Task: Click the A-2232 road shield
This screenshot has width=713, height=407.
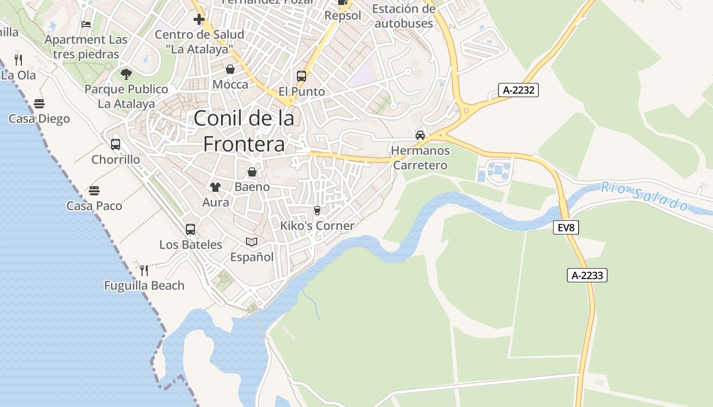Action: (518, 91)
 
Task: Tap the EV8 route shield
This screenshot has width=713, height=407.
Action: (566, 227)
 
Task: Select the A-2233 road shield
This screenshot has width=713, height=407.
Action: (587, 275)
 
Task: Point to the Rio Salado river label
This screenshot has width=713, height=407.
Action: (644, 196)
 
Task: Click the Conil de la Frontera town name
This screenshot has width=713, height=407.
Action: (244, 131)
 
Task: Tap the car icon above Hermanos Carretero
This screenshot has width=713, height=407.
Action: (420, 135)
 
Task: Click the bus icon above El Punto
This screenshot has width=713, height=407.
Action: (301, 76)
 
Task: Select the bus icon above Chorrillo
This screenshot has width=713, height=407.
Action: (116, 144)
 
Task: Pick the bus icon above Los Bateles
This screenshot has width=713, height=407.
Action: (190, 229)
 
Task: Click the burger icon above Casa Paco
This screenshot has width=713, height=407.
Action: (94, 191)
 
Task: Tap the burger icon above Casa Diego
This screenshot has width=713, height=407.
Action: (39, 104)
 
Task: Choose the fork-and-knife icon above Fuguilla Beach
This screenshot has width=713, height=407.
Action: (144, 270)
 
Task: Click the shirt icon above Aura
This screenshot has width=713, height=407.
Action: (215, 187)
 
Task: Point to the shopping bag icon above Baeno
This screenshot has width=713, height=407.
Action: (252, 172)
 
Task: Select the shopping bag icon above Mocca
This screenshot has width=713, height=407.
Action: (230, 69)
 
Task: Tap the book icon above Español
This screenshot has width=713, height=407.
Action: (252, 242)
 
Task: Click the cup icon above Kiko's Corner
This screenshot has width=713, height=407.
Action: (317, 211)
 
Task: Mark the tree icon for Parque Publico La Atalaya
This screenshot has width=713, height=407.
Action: (126, 74)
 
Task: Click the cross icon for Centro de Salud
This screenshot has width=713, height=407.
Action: (199, 19)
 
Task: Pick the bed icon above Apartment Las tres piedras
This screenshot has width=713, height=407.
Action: (86, 24)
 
